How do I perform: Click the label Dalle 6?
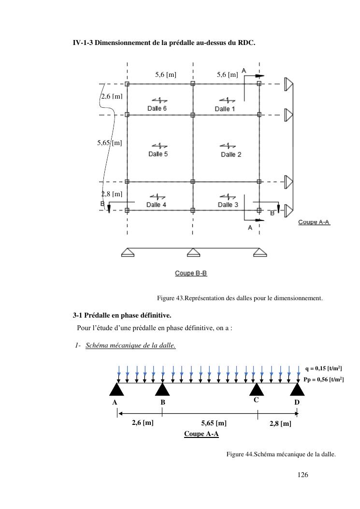click(157, 109)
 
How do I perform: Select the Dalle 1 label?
click(225, 109)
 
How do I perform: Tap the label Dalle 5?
click(158, 154)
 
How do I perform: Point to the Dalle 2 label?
click(231, 154)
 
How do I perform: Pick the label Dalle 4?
click(156, 205)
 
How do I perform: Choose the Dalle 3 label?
click(228, 205)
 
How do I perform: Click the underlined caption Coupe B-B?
click(191, 273)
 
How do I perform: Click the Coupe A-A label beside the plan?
click(314, 222)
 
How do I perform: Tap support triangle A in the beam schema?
click(117, 389)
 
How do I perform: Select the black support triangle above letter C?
click(256, 389)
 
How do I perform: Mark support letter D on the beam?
click(297, 402)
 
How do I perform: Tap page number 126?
click(303, 475)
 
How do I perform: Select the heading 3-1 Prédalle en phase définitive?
click(122, 316)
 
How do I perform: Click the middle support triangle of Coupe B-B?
click(193, 252)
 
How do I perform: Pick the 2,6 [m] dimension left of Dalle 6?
click(112, 96)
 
